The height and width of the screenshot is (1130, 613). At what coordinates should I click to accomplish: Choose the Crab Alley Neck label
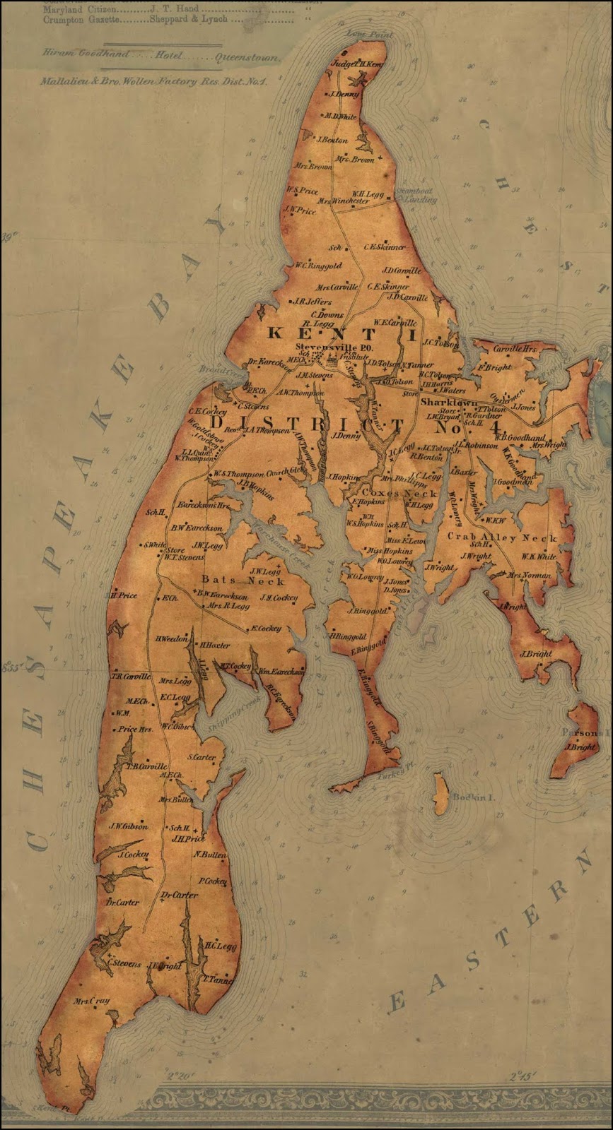(x=503, y=537)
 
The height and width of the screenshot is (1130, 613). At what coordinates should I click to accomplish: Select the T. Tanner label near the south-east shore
(x=218, y=980)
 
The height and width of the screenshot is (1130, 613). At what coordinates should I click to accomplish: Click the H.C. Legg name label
(x=220, y=946)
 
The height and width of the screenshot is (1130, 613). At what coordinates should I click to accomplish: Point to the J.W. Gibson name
(x=128, y=826)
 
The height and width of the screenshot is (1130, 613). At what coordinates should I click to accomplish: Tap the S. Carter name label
(x=202, y=757)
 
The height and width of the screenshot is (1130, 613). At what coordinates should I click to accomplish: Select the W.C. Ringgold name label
(x=317, y=266)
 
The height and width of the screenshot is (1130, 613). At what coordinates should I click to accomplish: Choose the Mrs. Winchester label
(x=343, y=201)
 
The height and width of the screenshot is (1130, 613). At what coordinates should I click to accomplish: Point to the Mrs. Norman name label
(x=529, y=576)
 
